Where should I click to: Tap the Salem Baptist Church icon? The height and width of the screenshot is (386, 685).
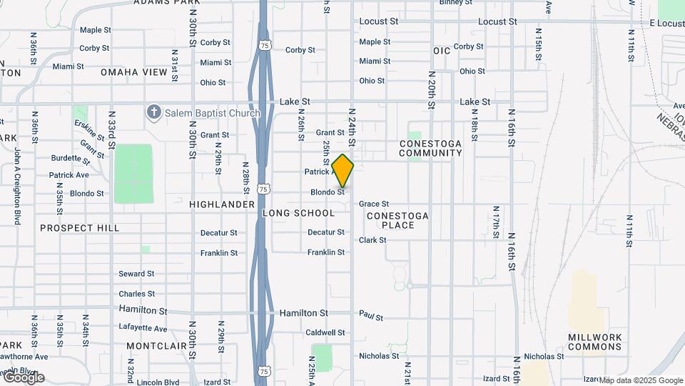153,112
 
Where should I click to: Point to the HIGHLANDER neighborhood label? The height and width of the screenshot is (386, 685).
222,204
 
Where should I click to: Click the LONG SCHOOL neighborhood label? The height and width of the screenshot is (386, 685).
298,213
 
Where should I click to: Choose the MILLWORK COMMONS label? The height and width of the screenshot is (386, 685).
595,342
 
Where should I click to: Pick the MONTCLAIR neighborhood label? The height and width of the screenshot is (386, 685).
152,345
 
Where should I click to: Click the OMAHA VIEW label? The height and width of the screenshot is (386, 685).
134,72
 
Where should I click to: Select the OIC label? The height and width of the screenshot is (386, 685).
442,51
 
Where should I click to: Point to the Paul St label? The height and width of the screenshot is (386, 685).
371,315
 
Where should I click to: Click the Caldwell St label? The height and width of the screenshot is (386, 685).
325,332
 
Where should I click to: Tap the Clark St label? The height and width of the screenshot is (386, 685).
372,240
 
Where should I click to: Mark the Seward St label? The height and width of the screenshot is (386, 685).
136,274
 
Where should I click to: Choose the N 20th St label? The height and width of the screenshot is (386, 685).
432,89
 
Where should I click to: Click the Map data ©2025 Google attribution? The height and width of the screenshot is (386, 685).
641,380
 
